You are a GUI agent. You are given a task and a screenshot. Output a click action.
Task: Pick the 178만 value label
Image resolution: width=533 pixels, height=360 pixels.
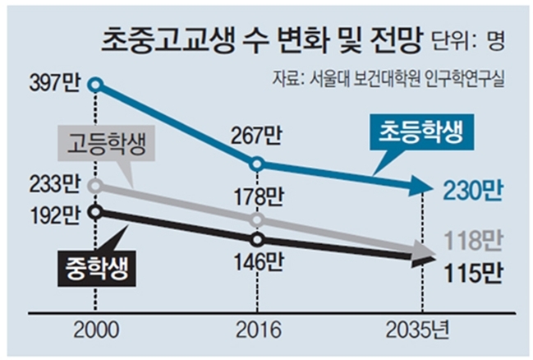(258, 197)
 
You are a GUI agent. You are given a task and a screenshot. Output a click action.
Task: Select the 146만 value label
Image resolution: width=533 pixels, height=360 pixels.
(258, 262)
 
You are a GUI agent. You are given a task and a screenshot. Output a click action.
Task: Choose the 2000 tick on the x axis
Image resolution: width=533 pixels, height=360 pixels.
(96, 333)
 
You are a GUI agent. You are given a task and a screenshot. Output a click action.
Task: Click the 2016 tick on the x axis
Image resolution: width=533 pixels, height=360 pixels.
(258, 333)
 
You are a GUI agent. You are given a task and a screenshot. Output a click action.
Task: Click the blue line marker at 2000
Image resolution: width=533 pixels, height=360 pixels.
(96, 84)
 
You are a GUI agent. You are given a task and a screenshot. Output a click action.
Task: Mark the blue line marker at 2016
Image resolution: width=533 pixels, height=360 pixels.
(258, 164)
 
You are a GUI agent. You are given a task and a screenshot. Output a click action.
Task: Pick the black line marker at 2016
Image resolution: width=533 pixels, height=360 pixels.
(258, 240)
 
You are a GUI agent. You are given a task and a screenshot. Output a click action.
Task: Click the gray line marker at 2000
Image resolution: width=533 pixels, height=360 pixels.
(96, 186)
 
